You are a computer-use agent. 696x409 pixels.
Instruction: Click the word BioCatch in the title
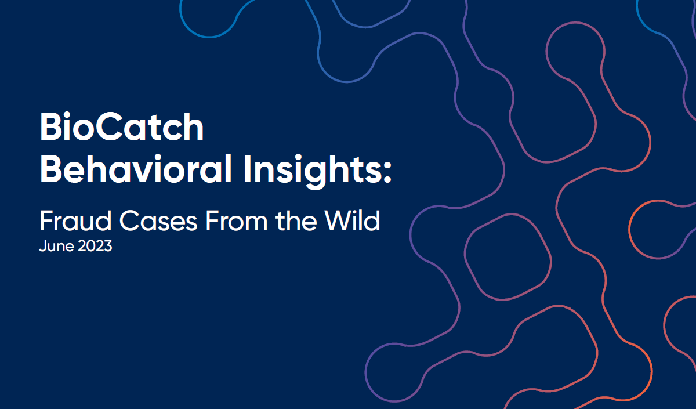tap(122, 129)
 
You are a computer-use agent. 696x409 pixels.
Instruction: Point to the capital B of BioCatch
tap(50, 129)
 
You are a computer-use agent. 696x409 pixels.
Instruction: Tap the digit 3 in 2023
tap(107, 246)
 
